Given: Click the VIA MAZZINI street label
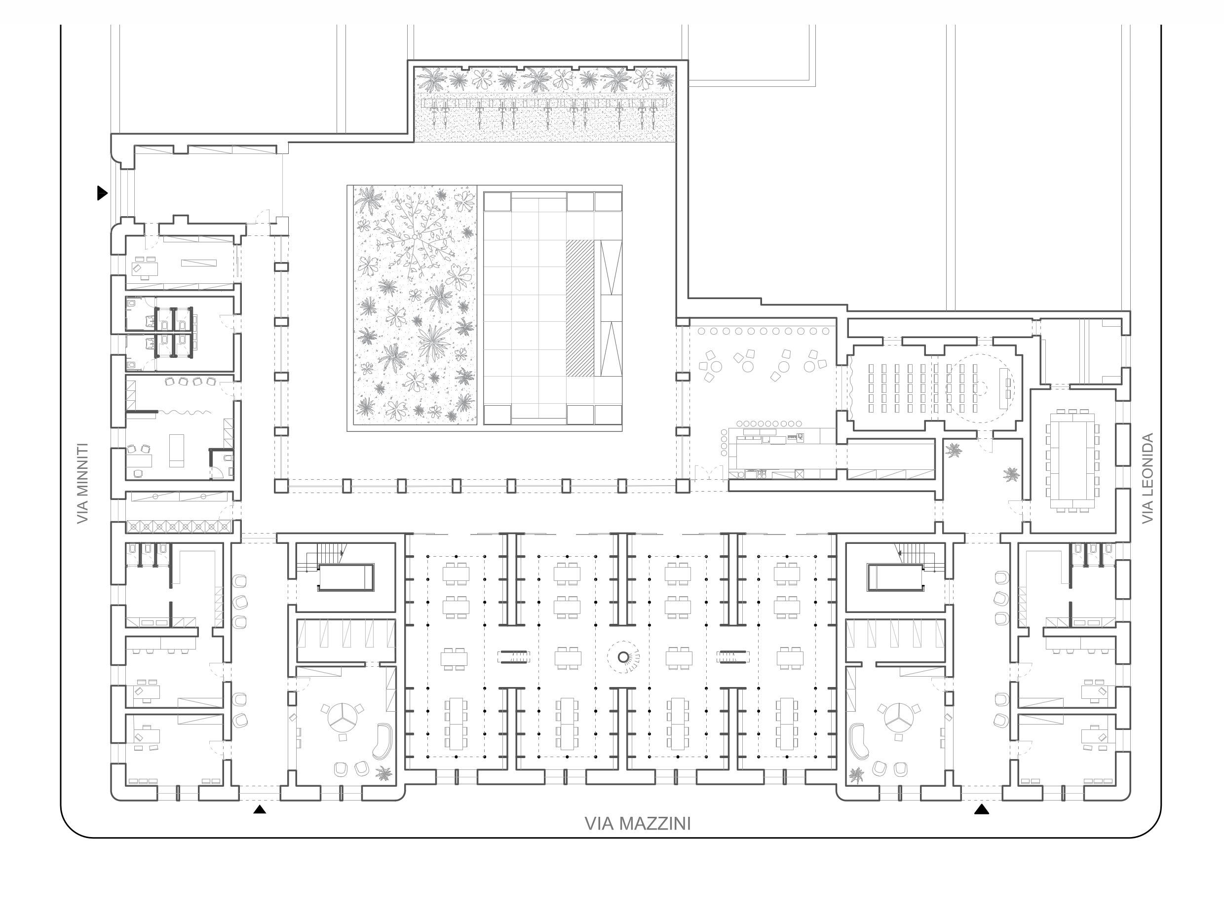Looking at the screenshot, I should (x=638, y=824).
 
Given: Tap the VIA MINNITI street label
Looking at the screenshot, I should (x=83, y=483).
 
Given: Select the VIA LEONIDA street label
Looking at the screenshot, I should (x=1147, y=478).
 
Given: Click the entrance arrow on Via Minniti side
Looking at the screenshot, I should (x=102, y=193).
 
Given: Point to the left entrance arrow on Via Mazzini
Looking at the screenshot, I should (x=260, y=809).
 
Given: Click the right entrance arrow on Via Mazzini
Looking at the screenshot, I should (x=982, y=809).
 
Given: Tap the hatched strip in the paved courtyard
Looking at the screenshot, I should (x=579, y=308).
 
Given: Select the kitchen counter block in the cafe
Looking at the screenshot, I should (x=781, y=454).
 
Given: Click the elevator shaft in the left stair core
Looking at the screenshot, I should (x=346, y=577).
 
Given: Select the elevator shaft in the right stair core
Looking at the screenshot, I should (x=895, y=577).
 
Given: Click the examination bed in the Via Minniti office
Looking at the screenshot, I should (x=177, y=451).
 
